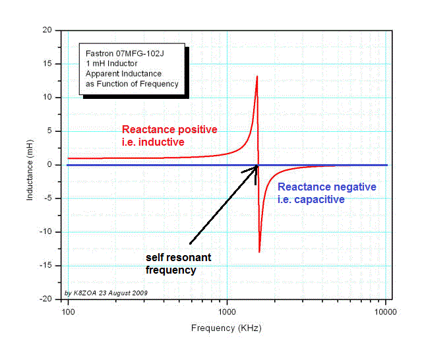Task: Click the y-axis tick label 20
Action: click(48, 30)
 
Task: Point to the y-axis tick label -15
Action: click(47, 266)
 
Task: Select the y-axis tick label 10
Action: click(48, 98)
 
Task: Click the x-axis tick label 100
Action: click(68, 309)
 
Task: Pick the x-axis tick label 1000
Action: click(227, 309)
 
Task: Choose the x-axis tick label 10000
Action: click(386, 309)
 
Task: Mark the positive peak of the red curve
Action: click(256, 76)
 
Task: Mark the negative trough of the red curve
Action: click(259, 252)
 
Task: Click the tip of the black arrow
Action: click(257, 166)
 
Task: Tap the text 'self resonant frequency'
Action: click(178, 264)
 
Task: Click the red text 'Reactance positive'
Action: click(170, 129)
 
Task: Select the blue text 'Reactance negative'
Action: click(327, 187)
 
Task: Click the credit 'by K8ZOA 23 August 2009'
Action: click(106, 292)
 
